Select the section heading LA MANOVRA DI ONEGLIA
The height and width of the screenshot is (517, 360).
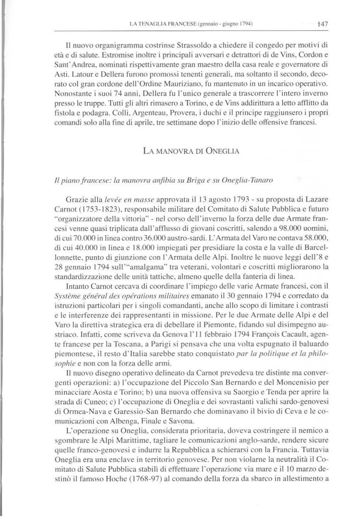191,151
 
